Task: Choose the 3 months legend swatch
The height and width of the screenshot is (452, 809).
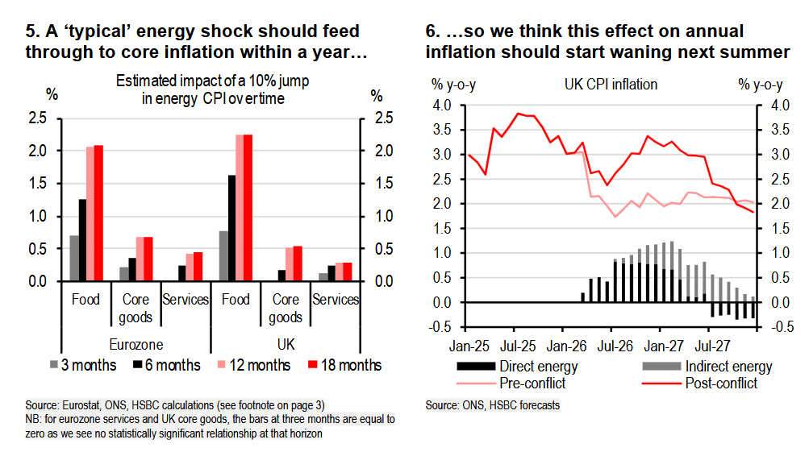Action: (x=54, y=366)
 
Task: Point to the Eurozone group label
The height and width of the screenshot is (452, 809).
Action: (x=135, y=342)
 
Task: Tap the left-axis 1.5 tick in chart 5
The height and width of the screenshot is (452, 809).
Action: (x=48, y=184)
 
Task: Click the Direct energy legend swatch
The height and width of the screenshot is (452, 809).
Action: (x=482, y=367)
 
